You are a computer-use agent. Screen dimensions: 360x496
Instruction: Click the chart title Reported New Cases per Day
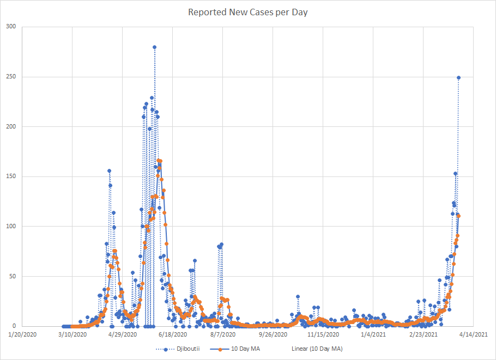coord(248,12)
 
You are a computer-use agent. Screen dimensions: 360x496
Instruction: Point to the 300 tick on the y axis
coord(11,27)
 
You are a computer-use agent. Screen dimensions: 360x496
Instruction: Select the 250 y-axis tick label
coord(11,77)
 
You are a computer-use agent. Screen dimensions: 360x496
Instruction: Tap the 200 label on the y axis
coord(11,126)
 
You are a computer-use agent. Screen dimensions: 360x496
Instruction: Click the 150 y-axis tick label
coord(11,176)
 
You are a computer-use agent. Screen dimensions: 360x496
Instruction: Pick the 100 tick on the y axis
coord(11,226)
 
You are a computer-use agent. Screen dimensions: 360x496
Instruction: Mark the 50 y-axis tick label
coord(13,276)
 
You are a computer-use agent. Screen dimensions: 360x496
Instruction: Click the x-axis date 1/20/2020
coord(23,334)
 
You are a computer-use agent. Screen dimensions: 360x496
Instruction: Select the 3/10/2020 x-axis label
coord(73,334)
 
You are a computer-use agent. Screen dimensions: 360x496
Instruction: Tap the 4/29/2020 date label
coord(123,334)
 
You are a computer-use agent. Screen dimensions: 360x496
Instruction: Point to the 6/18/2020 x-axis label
coord(173,334)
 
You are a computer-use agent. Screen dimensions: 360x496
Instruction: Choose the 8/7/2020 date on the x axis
coord(223,334)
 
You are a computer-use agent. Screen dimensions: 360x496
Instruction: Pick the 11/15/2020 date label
coord(323,334)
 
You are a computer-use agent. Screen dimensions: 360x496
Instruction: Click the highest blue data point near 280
coord(154,47)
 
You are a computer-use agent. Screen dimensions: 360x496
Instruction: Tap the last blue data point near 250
coord(458,77)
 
